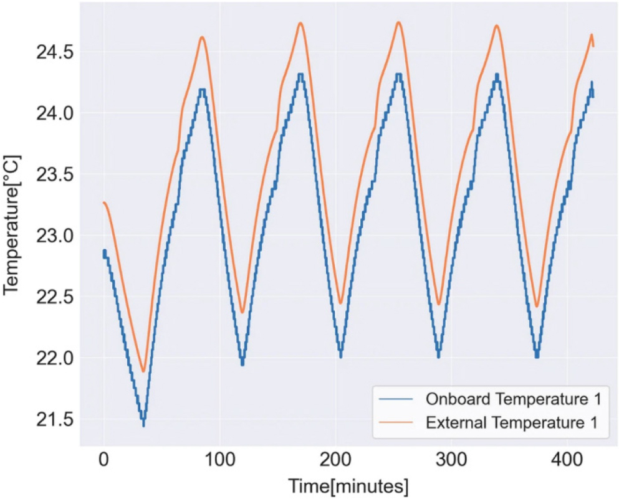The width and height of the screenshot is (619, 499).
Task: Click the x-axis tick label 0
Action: (x=103, y=462)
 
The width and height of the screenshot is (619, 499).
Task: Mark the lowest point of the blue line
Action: (x=144, y=425)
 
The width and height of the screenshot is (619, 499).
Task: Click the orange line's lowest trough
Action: (x=143, y=372)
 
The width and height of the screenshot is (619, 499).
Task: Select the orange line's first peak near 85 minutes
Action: (x=202, y=37)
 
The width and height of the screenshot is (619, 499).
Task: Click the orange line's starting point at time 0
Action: (x=103, y=202)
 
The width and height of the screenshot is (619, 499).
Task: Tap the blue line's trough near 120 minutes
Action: (x=242, y=364)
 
